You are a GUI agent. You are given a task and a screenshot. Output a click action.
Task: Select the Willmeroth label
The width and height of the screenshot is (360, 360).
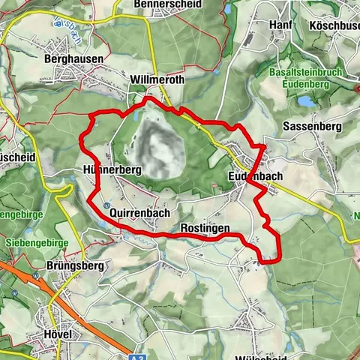click(157, 79)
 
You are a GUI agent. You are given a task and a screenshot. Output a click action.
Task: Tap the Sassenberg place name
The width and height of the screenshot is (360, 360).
click(313, 127)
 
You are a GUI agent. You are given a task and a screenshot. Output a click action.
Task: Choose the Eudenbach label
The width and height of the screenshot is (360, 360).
click(256, 176)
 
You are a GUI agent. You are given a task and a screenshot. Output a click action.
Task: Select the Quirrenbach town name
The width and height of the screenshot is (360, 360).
click(139, 213)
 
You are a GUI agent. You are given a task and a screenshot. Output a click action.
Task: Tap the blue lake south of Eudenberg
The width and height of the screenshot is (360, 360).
click(307, 100)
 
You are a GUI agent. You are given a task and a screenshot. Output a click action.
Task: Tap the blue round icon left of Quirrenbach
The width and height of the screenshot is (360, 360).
click(106, 205)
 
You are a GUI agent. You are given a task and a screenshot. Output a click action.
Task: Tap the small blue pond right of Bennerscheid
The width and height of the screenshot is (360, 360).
click(228, 8)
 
